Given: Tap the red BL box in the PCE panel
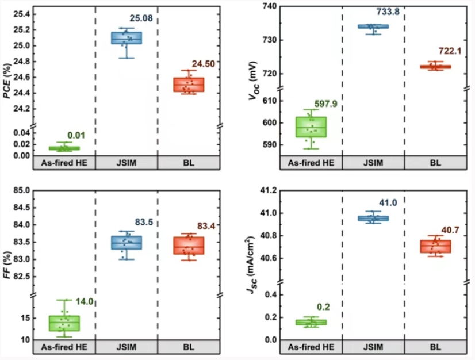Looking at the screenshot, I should (188, 85).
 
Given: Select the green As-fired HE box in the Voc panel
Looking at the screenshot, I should (310, 127).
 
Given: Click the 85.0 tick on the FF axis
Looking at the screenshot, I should (21, 190).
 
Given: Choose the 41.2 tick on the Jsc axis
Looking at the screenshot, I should (268, 190).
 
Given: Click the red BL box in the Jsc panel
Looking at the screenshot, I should (435, 246).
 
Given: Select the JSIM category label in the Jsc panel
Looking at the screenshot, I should (373, 347).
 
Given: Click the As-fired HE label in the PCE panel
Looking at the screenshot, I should (63, 163).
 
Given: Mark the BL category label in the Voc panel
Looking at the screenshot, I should (435, 163).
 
